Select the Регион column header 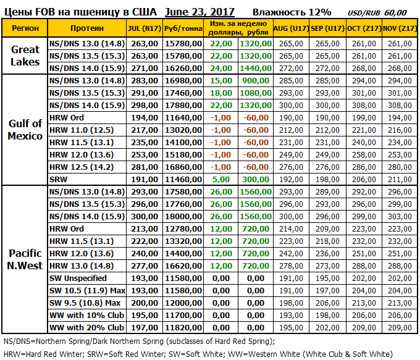(x=25, y=29)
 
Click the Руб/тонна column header (x=183, y=29)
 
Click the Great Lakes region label (x=25, y=55)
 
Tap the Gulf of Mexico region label (x=25, y=130)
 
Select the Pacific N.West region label (x=25, y=259)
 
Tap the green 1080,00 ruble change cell (x=256, y=92)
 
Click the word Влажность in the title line (x=275, y=12)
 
